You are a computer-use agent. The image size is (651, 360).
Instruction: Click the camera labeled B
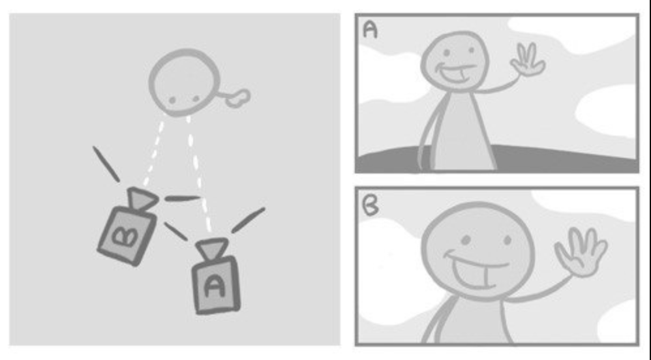[128, 228]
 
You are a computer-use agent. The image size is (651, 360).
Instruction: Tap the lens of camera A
[212, 247]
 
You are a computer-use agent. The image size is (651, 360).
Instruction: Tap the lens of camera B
[142, 199]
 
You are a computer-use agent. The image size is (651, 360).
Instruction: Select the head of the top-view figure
[185, 82]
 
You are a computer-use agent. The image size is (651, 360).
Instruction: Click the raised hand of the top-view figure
[238, 98]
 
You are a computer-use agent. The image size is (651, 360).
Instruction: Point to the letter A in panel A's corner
[370, 29]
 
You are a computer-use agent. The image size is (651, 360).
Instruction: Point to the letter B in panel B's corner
[370, 205]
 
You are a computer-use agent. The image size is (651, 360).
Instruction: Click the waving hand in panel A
[528, 61]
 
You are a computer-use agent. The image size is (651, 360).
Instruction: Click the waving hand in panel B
[581, 252]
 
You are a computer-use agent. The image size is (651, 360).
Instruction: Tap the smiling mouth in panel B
[477, 271]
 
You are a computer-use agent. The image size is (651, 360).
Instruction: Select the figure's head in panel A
[455, 61]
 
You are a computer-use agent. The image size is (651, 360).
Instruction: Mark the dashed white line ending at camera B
[153, 151]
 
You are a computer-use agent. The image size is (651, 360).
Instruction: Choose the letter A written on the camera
[214, 286]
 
